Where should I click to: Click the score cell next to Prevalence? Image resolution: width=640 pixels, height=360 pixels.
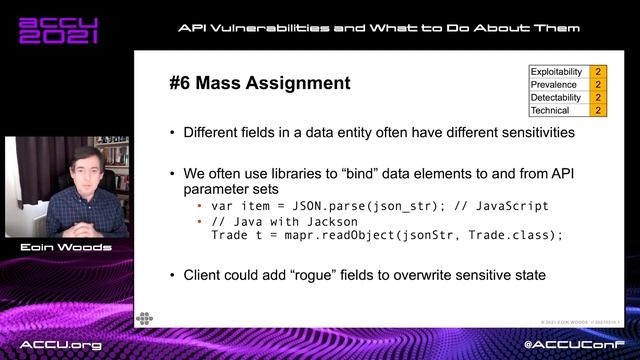click(x=598, y=85)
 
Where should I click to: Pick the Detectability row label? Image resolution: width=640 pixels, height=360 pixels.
click(x=557, y=97)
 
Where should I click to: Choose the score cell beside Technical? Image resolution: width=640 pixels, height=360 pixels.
click(x=598, y=110)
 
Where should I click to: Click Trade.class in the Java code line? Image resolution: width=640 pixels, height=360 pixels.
click(x=510, y=235)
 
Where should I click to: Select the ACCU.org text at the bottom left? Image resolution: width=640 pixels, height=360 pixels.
click(x=62, y=344)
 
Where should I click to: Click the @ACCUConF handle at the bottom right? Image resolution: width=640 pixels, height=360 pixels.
click(x=575, y=344)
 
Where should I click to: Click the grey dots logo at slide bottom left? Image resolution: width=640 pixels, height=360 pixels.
click(x=144, y=318)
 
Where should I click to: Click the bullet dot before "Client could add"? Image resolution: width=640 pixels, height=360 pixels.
click(x=174, y=273)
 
